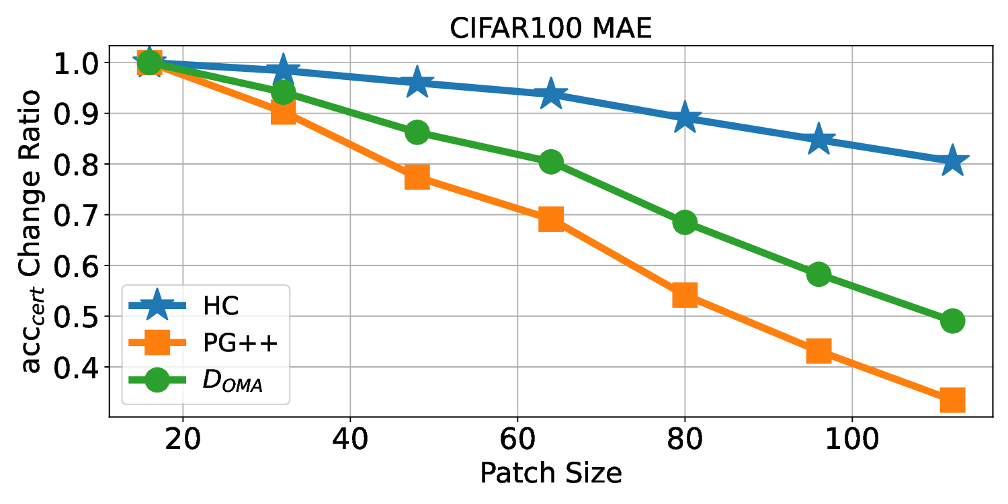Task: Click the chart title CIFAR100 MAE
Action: point(550,30)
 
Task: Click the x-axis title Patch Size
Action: point(550,473)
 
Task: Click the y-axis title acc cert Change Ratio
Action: point(30,230)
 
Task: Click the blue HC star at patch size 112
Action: point(952,161)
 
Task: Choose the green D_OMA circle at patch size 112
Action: point(952,321)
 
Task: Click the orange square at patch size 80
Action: point(684,294)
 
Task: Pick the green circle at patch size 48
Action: point(417,132)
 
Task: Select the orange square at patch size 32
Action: point(283,113)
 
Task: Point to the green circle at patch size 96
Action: point(818,274)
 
